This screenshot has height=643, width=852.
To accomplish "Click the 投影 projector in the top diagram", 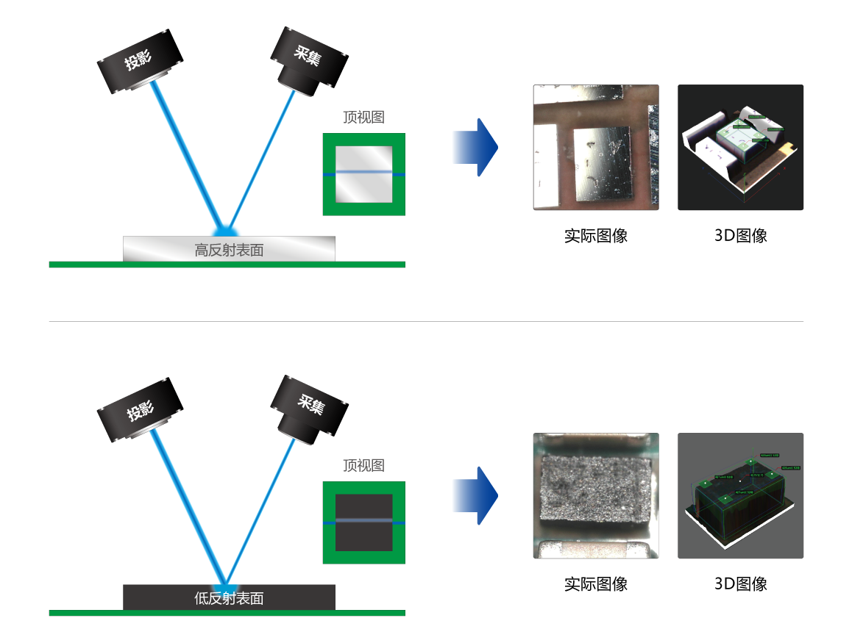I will click(140, 62).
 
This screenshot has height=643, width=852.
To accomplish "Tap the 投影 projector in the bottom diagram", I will click(140, 411).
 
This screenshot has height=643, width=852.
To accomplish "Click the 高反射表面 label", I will click(229, 250).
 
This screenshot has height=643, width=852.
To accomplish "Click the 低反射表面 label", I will click(229, 598).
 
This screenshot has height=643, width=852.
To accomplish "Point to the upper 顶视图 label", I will click(363, 117).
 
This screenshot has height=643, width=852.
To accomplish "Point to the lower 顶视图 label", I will click(363, 465).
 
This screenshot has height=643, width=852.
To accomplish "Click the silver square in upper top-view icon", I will click(363, 174).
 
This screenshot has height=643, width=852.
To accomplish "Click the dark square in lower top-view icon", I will click(363, 522).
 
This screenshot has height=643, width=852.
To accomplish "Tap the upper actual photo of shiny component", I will click(595, 147).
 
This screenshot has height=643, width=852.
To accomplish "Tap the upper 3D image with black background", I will click(740, 147).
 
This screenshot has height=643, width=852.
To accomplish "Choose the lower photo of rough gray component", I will click(595, 495).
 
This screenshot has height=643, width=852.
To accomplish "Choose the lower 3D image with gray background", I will click(740, 495).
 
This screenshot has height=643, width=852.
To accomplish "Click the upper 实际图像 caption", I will click(595, 236).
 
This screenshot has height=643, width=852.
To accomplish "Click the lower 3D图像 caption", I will click(740, 584).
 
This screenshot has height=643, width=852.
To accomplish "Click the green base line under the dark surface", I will click(227, 613).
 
